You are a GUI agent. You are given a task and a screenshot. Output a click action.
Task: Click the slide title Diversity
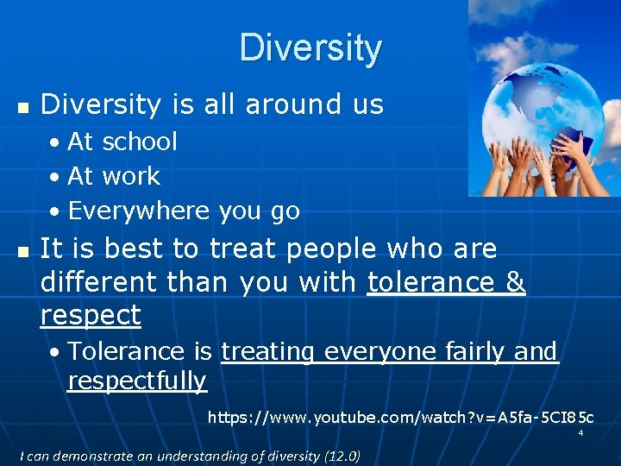310,48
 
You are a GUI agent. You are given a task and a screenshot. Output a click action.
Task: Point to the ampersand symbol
515,282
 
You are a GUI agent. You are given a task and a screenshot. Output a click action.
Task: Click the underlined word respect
91,316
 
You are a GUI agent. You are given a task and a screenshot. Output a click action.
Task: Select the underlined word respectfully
137,381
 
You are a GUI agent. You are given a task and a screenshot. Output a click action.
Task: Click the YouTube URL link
400,419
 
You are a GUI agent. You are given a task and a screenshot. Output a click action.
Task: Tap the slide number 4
580,433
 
